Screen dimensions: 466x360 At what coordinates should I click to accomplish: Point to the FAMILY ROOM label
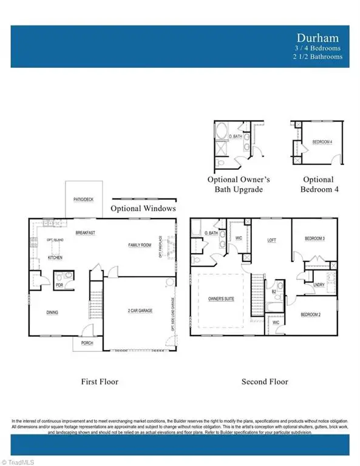point(140,245)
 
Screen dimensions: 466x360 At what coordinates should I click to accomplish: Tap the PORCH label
point(81,343)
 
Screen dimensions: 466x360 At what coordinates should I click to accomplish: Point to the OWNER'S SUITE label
point(222,298)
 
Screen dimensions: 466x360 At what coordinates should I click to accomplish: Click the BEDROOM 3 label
point(314,239)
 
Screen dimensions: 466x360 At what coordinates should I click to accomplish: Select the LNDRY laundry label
point(318,284)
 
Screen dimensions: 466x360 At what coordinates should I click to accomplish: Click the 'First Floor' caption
point(100,382)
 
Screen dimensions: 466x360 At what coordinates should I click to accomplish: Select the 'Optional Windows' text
point(143,208)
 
